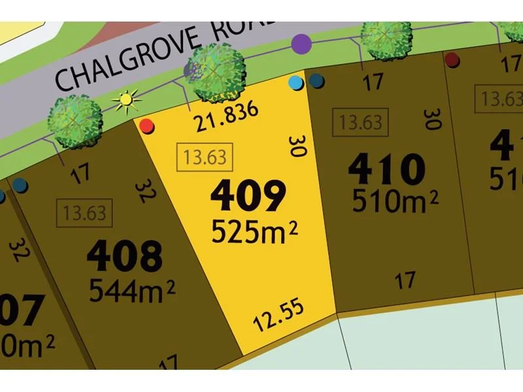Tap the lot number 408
tap(124, 256)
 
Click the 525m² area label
tap(255, 230)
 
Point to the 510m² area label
tap(395, 201)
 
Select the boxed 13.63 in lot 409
tap(205, 157)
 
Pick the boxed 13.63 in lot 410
tap(361, 122)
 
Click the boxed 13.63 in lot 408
tap(85, 213)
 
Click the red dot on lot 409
tap(147, 125)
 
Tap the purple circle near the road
tap(301, 44)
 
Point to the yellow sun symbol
tap(126, 101)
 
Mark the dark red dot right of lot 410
tap(452, 60)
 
